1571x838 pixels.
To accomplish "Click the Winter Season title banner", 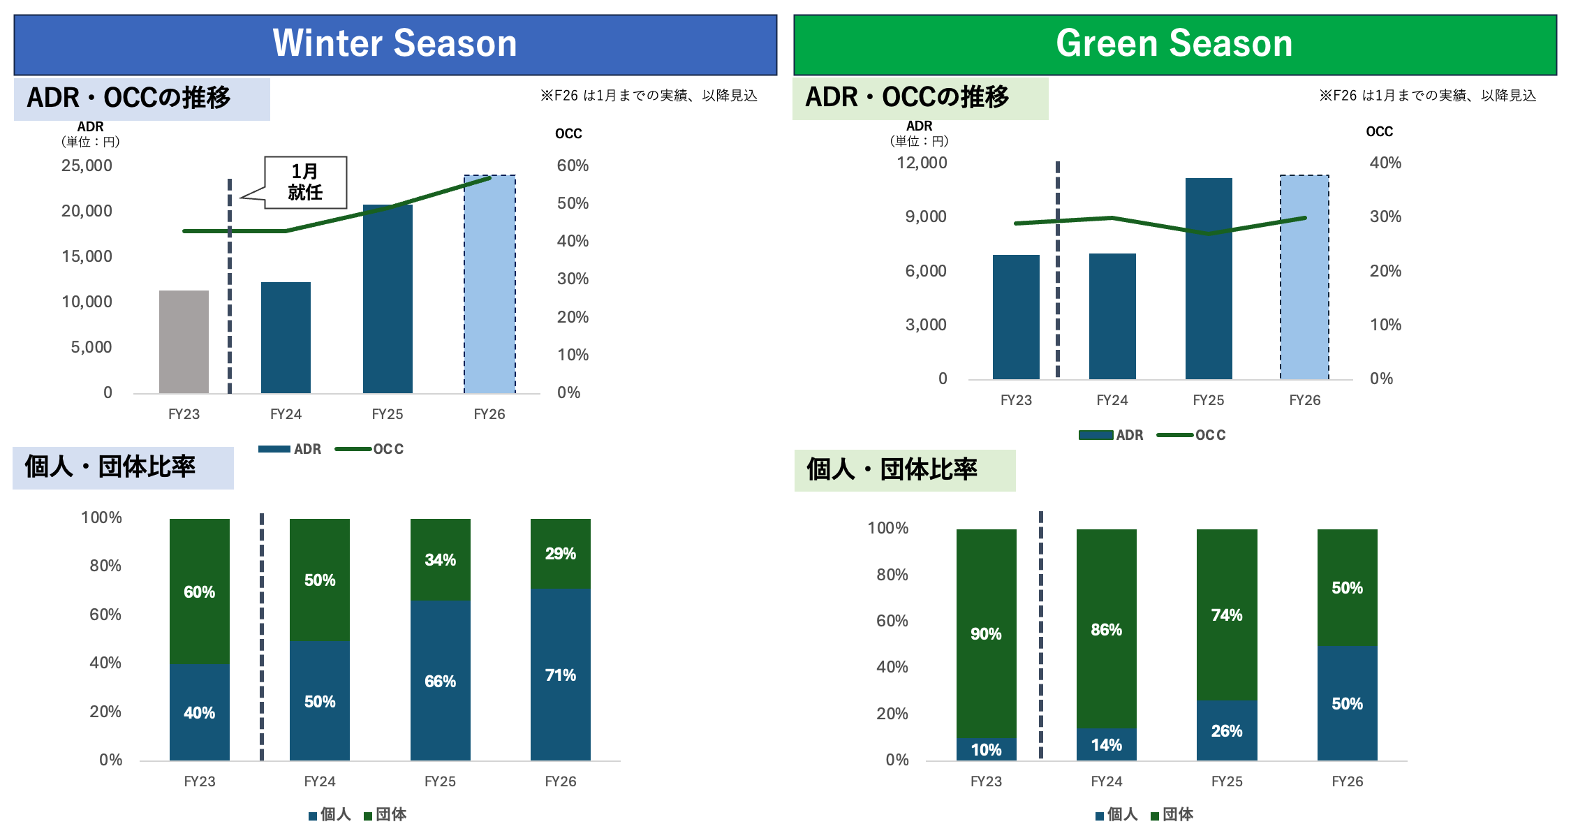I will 395,44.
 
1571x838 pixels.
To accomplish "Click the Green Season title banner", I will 1174,44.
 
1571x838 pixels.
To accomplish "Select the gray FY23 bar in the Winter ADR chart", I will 184,341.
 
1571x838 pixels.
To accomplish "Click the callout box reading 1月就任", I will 305,182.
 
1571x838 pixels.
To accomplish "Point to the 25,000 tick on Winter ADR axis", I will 87,166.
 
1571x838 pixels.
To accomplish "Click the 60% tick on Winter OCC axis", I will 573,166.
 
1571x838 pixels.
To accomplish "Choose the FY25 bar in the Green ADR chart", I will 1209,279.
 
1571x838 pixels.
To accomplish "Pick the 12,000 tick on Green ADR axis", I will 922,163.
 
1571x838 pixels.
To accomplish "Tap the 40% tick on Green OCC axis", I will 1385,163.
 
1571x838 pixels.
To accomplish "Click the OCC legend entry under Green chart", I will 1193,435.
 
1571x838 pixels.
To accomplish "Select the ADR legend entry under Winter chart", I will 291,449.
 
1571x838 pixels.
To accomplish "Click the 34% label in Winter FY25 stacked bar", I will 441,560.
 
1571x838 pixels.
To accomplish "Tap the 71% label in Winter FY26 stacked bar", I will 561,675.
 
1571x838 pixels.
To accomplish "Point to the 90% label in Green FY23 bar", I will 986,634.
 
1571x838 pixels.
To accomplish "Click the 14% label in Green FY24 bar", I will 1107,745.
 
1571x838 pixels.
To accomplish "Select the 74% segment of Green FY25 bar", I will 1227,615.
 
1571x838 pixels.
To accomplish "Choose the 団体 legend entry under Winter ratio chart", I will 385,814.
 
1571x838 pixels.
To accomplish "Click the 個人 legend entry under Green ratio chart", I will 1116,814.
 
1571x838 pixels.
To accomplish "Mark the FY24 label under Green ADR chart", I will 1112,400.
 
